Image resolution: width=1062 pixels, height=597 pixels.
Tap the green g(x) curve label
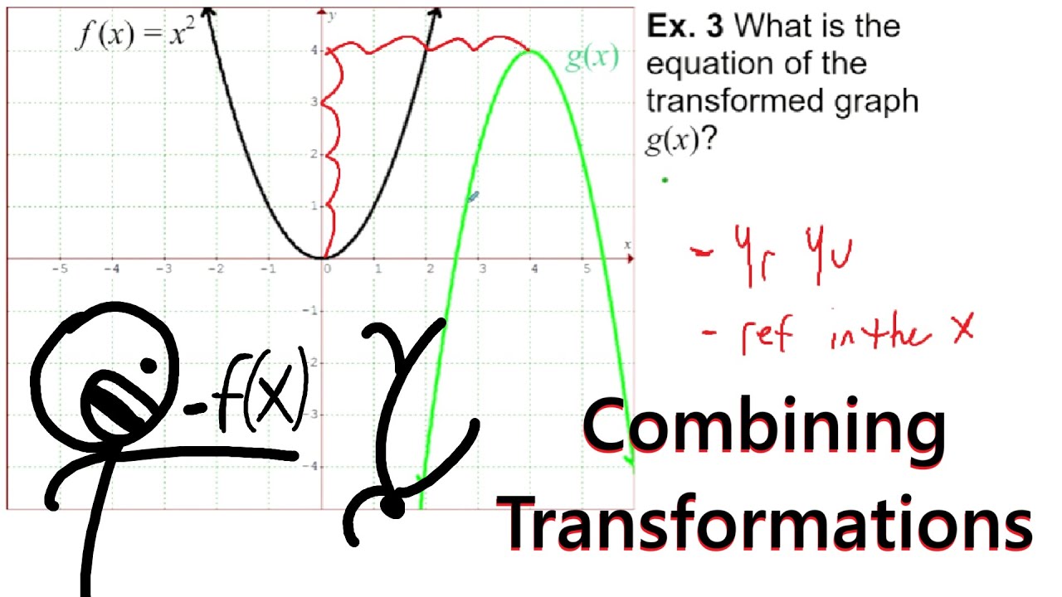coord(592,58)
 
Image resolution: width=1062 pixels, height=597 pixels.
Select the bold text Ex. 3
coord(685,27)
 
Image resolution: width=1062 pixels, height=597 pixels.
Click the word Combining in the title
coord(763,426)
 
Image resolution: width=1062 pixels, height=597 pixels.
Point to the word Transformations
coord(767,522)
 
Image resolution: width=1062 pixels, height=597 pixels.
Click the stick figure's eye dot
coord(149,365)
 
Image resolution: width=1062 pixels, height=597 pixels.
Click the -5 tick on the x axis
coord(59,269)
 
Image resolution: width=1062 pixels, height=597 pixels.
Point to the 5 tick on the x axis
coord(587,269)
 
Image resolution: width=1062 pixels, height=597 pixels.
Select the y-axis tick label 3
coord(314,102)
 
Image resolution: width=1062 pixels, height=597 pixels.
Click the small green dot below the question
coord(665,179)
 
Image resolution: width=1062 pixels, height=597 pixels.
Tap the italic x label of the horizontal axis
coord(627,245)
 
